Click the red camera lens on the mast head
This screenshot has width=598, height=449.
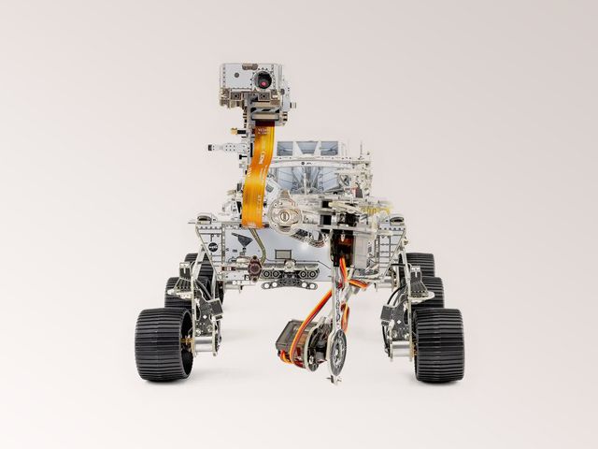coord(264,80)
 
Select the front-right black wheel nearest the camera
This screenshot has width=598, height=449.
coord(439,344)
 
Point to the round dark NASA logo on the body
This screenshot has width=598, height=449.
coord(213,247)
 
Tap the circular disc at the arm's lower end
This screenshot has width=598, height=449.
coord(335,352)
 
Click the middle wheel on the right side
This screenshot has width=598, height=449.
coord(429,292)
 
